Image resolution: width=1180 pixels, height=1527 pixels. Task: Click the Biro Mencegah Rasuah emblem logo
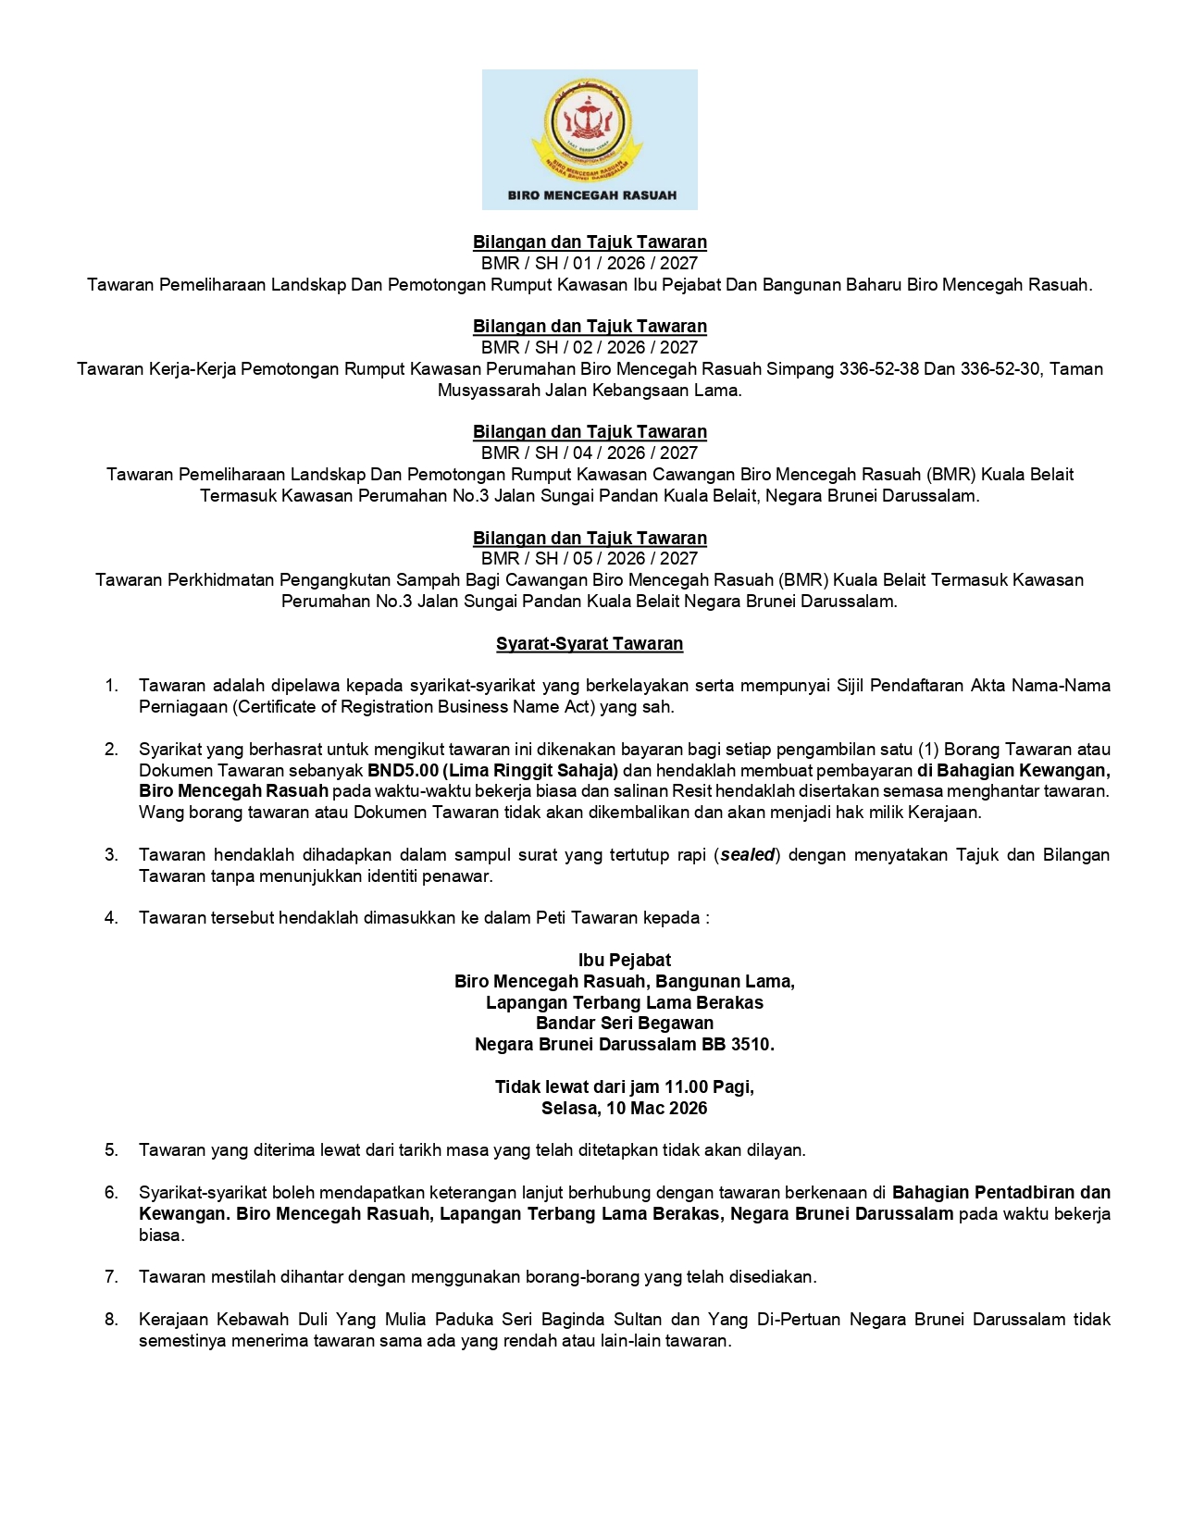coord(589,130)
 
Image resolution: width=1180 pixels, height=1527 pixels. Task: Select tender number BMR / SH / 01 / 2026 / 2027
coord(590,263)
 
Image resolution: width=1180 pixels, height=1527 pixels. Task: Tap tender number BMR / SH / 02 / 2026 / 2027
coord(590,347)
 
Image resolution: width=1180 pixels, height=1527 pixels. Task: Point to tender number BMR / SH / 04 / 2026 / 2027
coord(590,453)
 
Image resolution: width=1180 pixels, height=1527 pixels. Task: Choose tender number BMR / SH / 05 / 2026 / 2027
coord(590,558)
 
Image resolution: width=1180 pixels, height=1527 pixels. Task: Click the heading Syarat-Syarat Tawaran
coord(590,643)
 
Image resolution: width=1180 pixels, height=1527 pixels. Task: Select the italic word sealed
coord(748,854)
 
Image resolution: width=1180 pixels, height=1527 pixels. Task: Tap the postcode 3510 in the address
coord(751,1044)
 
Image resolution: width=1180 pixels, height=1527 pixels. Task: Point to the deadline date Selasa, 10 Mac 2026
coord(624,1108)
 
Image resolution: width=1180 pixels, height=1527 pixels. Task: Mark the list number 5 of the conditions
coord(111,1150)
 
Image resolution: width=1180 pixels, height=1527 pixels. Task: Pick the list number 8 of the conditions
coord(111,1319)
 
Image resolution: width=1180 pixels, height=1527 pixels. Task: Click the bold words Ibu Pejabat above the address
coord(624,960)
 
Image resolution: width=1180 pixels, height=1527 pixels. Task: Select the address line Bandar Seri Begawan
coord(624,1023)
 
